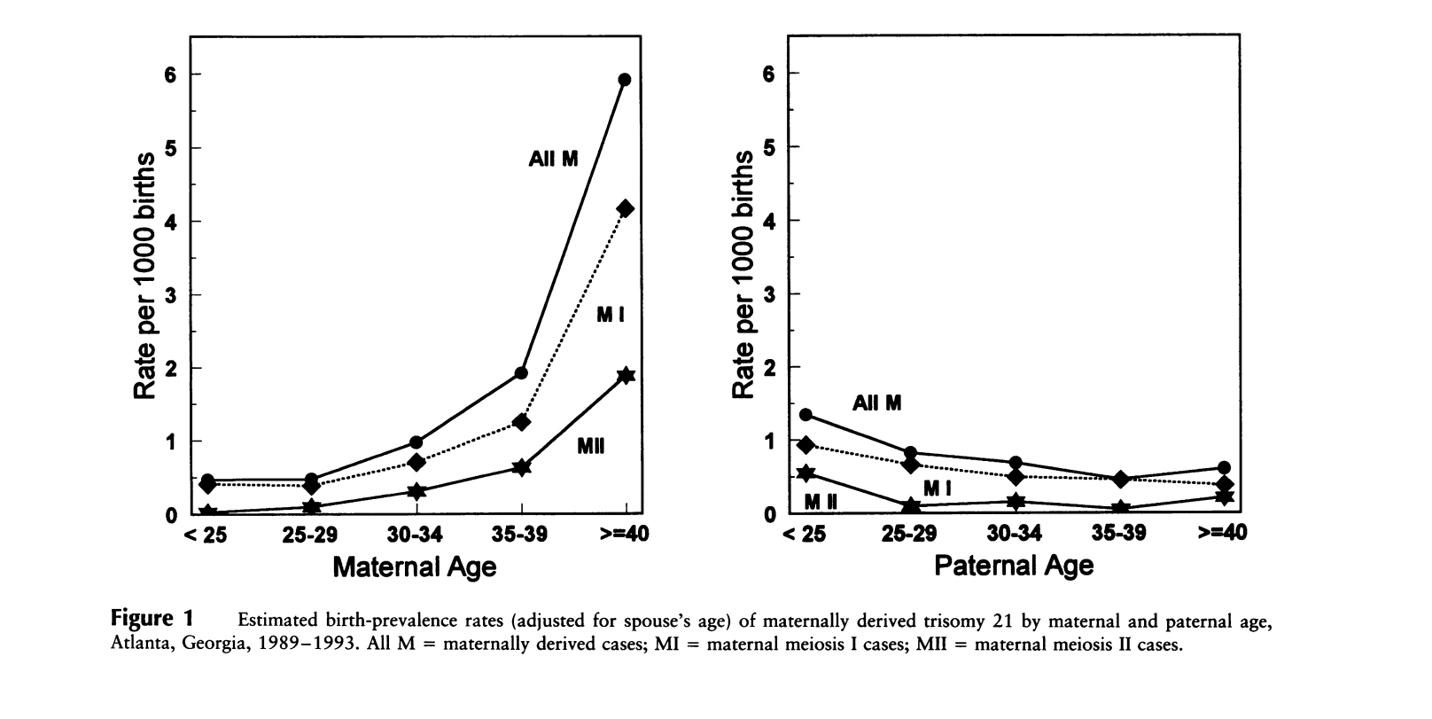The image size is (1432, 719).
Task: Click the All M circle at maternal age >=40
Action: (x=625, y=80)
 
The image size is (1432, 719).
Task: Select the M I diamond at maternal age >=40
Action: (x=625, y=208)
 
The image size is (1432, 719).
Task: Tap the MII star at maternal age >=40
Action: (x=626, y=375)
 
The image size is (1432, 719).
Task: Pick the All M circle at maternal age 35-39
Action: (x=521, y=372)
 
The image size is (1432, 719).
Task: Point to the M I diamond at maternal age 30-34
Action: (x=416, y=462)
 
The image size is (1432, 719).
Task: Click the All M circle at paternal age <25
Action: (x=805, y=414)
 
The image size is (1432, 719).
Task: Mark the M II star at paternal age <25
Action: (x=805, y=473)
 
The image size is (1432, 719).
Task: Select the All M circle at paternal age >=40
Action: (x=1224, y=467)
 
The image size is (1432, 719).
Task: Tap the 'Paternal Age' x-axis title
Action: (x=1014, y=566)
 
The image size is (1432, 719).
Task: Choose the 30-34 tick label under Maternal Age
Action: (x=416, y=535)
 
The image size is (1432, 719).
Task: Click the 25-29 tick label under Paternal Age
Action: (x=910, y=534)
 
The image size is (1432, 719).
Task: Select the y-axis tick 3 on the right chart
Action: (x=769, y=294)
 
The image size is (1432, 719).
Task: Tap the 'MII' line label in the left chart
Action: (x=590, y=446)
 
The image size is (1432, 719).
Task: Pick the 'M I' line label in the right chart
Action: (x=937, y=488)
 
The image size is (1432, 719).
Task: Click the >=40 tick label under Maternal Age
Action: (x=626, y=535)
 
